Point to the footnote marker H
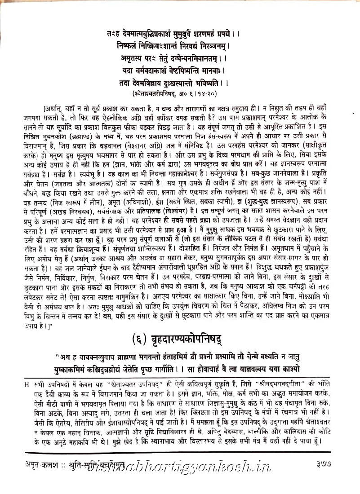pos(27,384)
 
